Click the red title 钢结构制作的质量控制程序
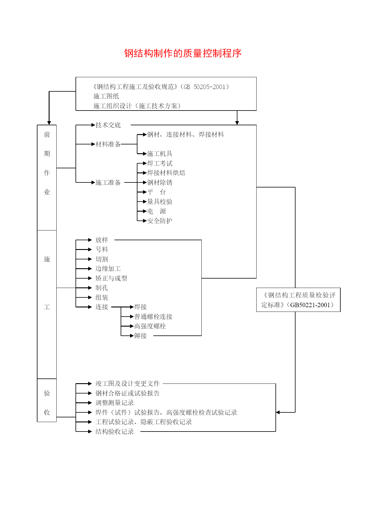(183, 53)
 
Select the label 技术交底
(108, 125)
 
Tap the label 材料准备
(108, 144)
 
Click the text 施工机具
(160, 154)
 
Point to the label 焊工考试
(160, 163)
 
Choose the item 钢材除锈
(160, 182)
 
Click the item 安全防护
(160, 221)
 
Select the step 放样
(102, 240)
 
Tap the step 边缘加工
(108, 269)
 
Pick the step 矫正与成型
(111, 278)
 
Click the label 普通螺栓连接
(153, 317)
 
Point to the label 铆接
(140, 336)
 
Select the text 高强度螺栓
(150, 326)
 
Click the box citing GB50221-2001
(298, 300)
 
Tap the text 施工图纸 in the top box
(106, 96)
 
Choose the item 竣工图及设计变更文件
(127, 383)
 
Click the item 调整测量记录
(115, 403)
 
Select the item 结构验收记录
(115, 432)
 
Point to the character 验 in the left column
(47, 393)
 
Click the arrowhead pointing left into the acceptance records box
(278, 412)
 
